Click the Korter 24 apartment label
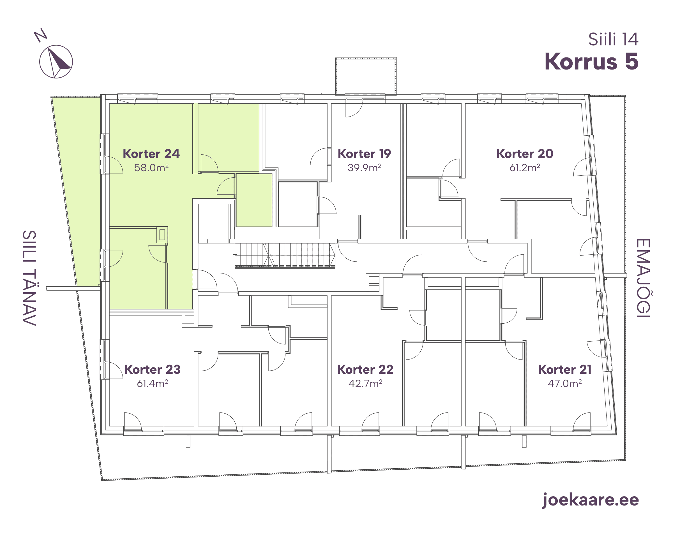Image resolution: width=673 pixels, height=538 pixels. [151, 154]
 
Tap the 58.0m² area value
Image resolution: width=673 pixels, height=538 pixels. [151, 168]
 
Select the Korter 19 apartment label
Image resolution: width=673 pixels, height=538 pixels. [364, 154]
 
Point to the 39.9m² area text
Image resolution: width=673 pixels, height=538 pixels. [365, 168]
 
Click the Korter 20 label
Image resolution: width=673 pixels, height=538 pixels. [525, 154]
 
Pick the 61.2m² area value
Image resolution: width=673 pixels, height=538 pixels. [525, 168]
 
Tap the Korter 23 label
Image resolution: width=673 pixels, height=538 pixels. [152, 370]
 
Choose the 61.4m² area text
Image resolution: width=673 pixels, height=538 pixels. [152, 383]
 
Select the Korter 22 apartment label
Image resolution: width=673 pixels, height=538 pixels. [365, 370]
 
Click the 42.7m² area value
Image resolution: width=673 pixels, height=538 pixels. [365, 383]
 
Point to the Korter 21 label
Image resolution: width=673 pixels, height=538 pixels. [565, 370]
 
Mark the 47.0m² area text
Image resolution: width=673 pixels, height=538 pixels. [565, 383]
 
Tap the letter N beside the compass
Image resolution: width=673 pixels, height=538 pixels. [41, 35]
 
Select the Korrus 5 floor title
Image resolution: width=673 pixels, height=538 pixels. [591, 61]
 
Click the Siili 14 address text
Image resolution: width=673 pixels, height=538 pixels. [613, 40]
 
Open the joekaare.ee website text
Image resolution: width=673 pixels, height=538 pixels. [591, 500]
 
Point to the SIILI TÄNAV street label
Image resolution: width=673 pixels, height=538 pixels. [29, 278]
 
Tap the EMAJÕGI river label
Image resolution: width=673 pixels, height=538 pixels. [643, 278]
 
